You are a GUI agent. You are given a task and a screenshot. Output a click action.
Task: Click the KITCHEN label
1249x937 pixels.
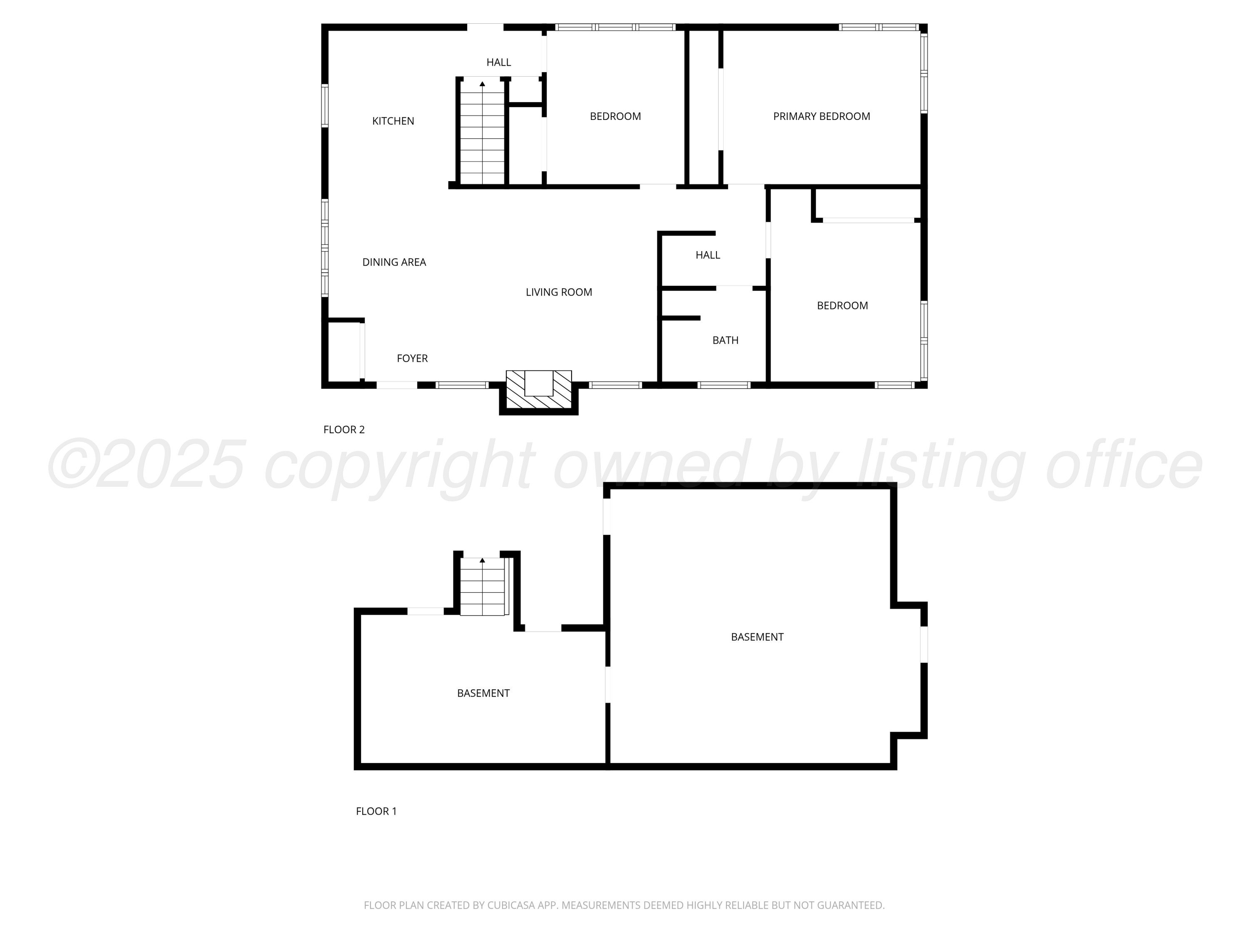click(393, 121)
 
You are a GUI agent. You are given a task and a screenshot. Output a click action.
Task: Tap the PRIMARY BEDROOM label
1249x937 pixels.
click(821, 116)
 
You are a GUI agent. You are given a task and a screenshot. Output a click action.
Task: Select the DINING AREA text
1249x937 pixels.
click(394, 262)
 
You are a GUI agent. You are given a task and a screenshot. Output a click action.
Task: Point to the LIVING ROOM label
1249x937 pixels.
click(559, 292)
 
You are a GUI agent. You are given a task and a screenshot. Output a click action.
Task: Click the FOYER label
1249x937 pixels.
click(412, 358)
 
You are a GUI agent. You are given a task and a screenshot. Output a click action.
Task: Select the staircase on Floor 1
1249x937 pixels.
click(482, 586)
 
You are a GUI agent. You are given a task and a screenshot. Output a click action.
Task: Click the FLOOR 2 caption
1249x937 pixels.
click(344, 429)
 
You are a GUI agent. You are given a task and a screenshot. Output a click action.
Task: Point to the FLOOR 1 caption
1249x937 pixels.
click(376, 811)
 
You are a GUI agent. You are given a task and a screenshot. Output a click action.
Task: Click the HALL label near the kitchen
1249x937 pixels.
click(499, 62)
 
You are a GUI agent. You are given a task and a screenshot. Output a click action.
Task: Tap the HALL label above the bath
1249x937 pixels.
click(707, 255)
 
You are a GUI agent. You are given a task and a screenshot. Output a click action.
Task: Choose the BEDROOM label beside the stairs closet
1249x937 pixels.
click(615, 116)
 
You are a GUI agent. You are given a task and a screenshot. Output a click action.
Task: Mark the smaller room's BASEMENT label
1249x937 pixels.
click(483, 693)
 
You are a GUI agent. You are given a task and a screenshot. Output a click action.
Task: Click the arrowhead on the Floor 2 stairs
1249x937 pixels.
click(482, 84)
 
